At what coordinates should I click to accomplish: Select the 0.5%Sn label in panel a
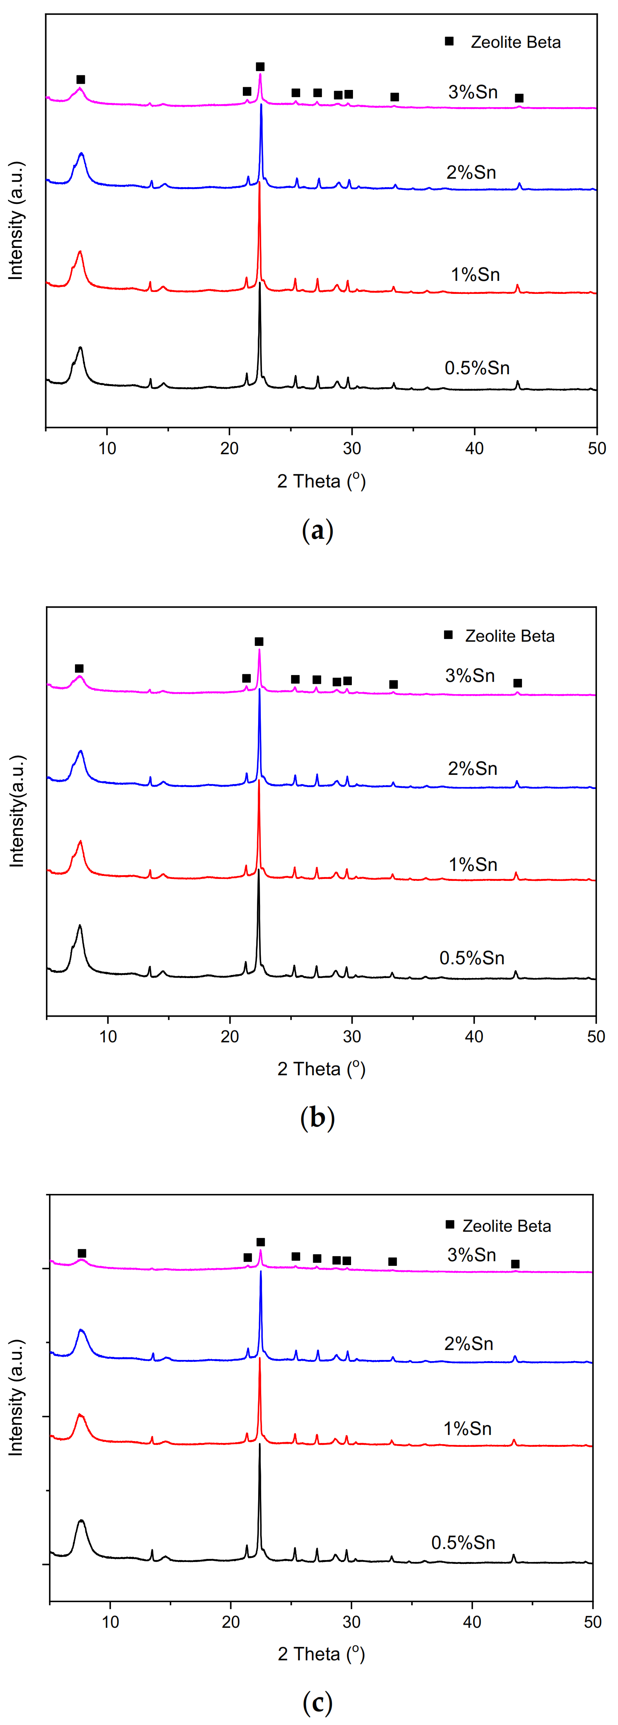[477, 368]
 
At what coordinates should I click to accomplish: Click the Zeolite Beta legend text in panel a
[516, 42]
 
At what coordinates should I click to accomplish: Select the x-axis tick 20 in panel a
[230, 448]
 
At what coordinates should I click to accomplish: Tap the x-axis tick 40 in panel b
[474, 1037]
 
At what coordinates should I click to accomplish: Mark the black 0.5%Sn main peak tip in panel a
[260, 283]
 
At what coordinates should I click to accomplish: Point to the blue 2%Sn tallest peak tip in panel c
[260, 1272]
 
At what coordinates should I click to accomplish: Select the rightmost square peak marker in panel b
[517, 683]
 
